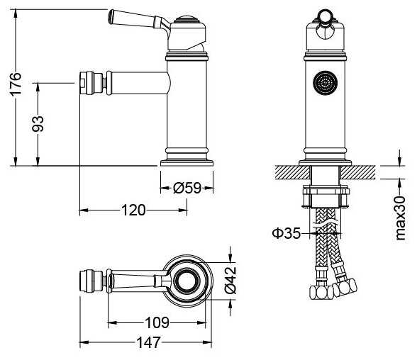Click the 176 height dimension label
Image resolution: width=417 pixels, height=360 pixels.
[x=16, y=84]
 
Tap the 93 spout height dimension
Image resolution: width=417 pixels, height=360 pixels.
[x=38, y=124]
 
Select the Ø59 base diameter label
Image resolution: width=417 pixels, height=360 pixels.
[x=187, y=188]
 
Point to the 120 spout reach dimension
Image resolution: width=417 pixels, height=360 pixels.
[x=133, y=210]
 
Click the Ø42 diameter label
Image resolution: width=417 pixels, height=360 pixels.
[x=230, y=281]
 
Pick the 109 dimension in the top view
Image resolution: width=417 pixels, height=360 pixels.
[x=157, y=323]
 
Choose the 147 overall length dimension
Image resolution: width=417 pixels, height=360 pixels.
[x=149, y=343]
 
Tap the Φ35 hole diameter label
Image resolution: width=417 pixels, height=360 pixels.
[x=287, y=234]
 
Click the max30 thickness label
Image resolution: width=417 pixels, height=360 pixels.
[x=400, y=218]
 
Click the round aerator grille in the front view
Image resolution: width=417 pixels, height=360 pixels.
[x=326, y=82]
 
